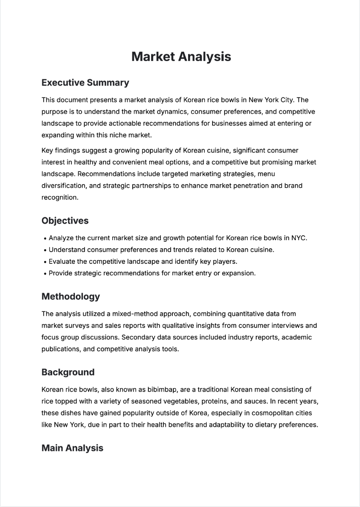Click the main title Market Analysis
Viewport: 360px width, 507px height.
click(181, 57)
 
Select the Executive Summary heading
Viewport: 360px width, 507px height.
click(85, 82)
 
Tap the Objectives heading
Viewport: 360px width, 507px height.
click(65, 221)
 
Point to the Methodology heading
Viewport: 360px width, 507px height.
click(70, 296)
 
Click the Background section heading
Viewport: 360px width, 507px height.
click(68, 372)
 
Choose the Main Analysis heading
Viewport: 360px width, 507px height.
click(72, 448)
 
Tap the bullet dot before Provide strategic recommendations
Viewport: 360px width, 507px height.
click(45, 274)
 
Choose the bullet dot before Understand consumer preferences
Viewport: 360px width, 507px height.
click(45, 250)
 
